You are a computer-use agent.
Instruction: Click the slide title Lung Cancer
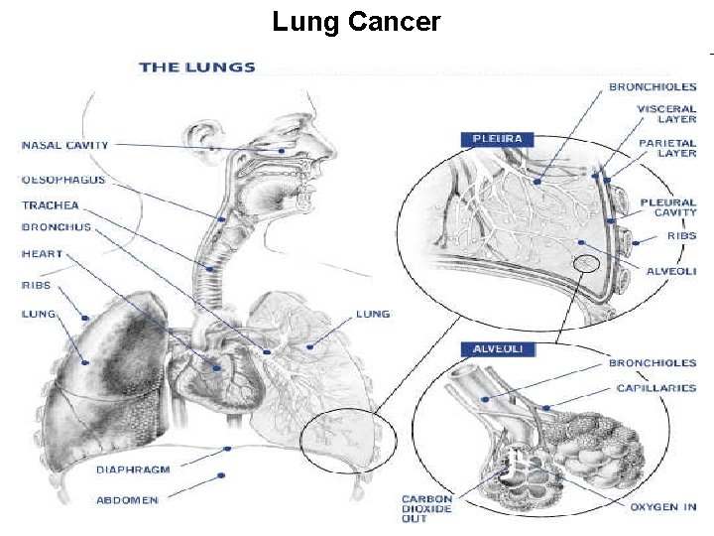point(356,22)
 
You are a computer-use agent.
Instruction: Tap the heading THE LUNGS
point(196,67)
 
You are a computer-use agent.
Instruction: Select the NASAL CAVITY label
point(65,146)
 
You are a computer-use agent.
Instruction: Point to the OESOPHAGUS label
point(63,181)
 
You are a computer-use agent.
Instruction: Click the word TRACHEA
point(50,205)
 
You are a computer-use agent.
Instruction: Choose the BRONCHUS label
point(56,227)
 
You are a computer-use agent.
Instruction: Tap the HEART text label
point(42,254)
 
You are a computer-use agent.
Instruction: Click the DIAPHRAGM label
point(133,469)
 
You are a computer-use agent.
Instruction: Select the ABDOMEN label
point(126,500)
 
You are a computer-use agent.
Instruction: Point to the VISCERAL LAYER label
point(666,112)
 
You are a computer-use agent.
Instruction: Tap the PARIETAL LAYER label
point(666,148)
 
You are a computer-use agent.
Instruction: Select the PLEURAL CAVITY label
point(667,207)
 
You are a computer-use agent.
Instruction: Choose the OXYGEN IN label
point(662,507)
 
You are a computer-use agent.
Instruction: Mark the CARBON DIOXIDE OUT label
point(427,508)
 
